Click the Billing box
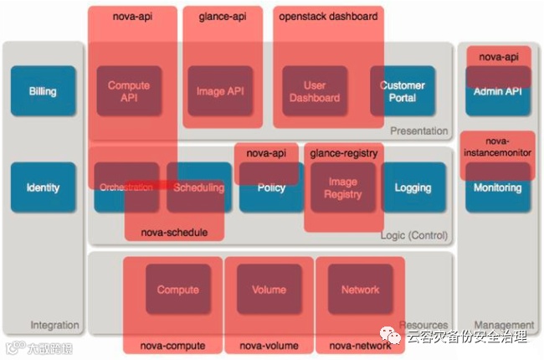click(43, 90)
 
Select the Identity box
click(43, 187)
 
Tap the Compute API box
click(129, 90)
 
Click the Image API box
click(220, 90)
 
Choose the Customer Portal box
click(403, 90)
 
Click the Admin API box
click(498, 90)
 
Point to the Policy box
click(271, 188)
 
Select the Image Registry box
click(342, 188)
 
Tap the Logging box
click(413, 188)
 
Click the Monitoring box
click(498, 188)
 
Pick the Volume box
click(269, 290)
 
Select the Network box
click(360, 290)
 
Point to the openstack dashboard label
click(329, 16)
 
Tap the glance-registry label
click(343, 153)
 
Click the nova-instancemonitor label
click(498, 147)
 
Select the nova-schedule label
click(174, 232)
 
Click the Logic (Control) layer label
click(413, 235)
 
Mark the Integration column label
click(54, 325)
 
